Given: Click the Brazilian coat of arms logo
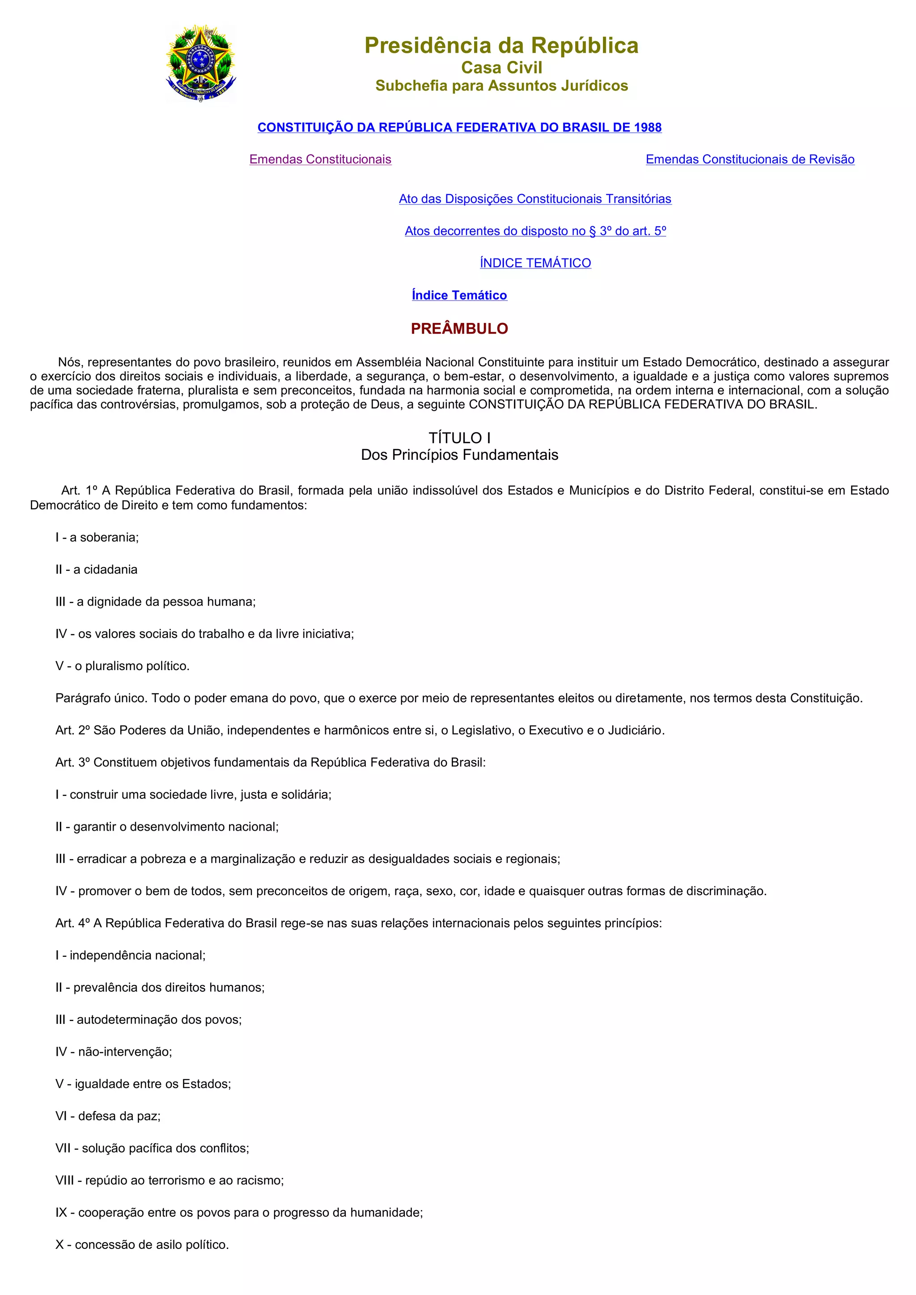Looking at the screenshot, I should (x=201, y=63).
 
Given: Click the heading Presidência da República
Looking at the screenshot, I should (x=501, y=46).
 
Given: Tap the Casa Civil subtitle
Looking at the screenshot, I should (x=501, y=68).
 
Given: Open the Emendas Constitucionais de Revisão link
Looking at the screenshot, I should (x=750, y=160).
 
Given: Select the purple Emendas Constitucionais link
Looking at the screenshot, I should (x=320, y=160).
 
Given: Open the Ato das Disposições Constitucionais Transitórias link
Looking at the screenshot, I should (x=535, y=199).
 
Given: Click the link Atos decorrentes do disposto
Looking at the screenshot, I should (x=535, y=231).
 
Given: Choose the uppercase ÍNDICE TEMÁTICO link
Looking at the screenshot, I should (x=535, y=263).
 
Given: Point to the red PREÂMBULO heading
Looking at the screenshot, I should (x=459, y=329).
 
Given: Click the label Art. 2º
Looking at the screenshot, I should (x=72, y=730).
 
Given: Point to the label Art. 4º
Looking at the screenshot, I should (x=72, y=923).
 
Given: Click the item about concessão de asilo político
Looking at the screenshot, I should (x=142, y=1245).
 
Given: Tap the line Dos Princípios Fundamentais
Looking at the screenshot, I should (x=459, y=455).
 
